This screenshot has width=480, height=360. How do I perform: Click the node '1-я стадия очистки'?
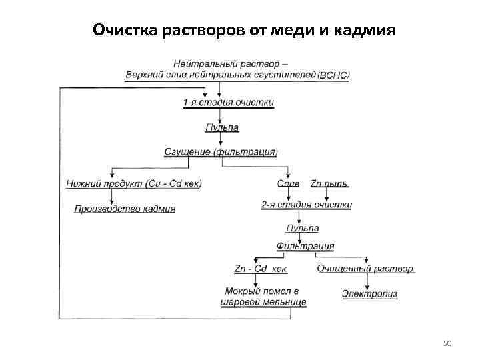point(228,102)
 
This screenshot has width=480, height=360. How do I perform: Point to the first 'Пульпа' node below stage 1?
point(222,127)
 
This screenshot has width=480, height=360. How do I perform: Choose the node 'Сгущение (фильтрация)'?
point(221,152)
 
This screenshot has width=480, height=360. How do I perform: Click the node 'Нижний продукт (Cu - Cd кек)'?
point(134,183)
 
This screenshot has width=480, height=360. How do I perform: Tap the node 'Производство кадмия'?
point(125,209)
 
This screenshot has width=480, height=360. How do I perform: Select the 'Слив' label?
point(288,183)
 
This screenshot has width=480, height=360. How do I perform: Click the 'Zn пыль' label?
point(329,183)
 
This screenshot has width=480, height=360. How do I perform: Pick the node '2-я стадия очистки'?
point(307,205)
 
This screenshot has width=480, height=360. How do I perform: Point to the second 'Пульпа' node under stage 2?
point(302,228)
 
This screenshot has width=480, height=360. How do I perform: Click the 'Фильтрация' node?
point(305,246)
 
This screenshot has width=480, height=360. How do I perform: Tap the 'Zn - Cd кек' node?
point(261,269)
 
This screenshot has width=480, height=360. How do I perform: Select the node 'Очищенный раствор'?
point(365,269)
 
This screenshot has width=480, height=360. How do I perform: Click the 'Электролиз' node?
point(369,293)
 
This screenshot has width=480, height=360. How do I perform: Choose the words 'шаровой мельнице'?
point(263,303)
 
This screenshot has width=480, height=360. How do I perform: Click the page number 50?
point(447,343)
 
